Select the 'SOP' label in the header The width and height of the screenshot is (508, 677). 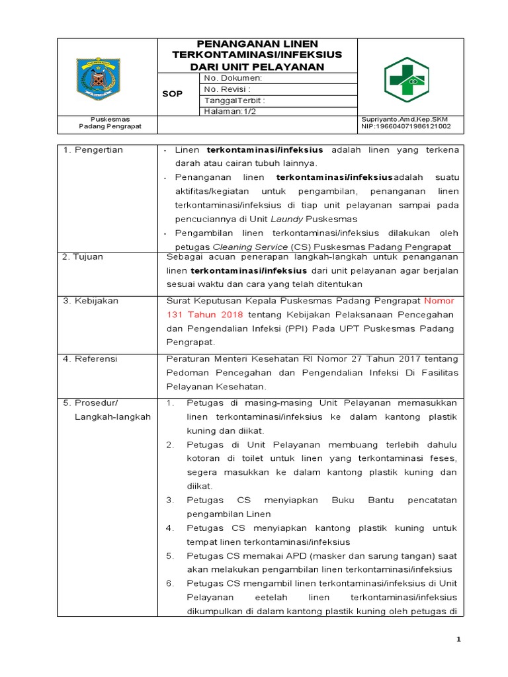pos(172,94)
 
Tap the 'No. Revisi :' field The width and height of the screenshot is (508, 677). pos(227,89)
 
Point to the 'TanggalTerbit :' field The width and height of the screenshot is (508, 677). pos(235,100)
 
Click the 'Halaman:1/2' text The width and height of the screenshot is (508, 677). pos(229,112)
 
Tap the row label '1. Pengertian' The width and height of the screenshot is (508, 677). pos(93,150)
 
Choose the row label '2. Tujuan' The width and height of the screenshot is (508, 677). pos(83,257)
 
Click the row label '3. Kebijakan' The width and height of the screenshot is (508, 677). pos(91,300)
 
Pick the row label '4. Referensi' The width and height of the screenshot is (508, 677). pos(90,358)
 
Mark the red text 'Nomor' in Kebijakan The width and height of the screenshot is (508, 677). pos(439,300)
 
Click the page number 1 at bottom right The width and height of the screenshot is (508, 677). pos(458,639)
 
